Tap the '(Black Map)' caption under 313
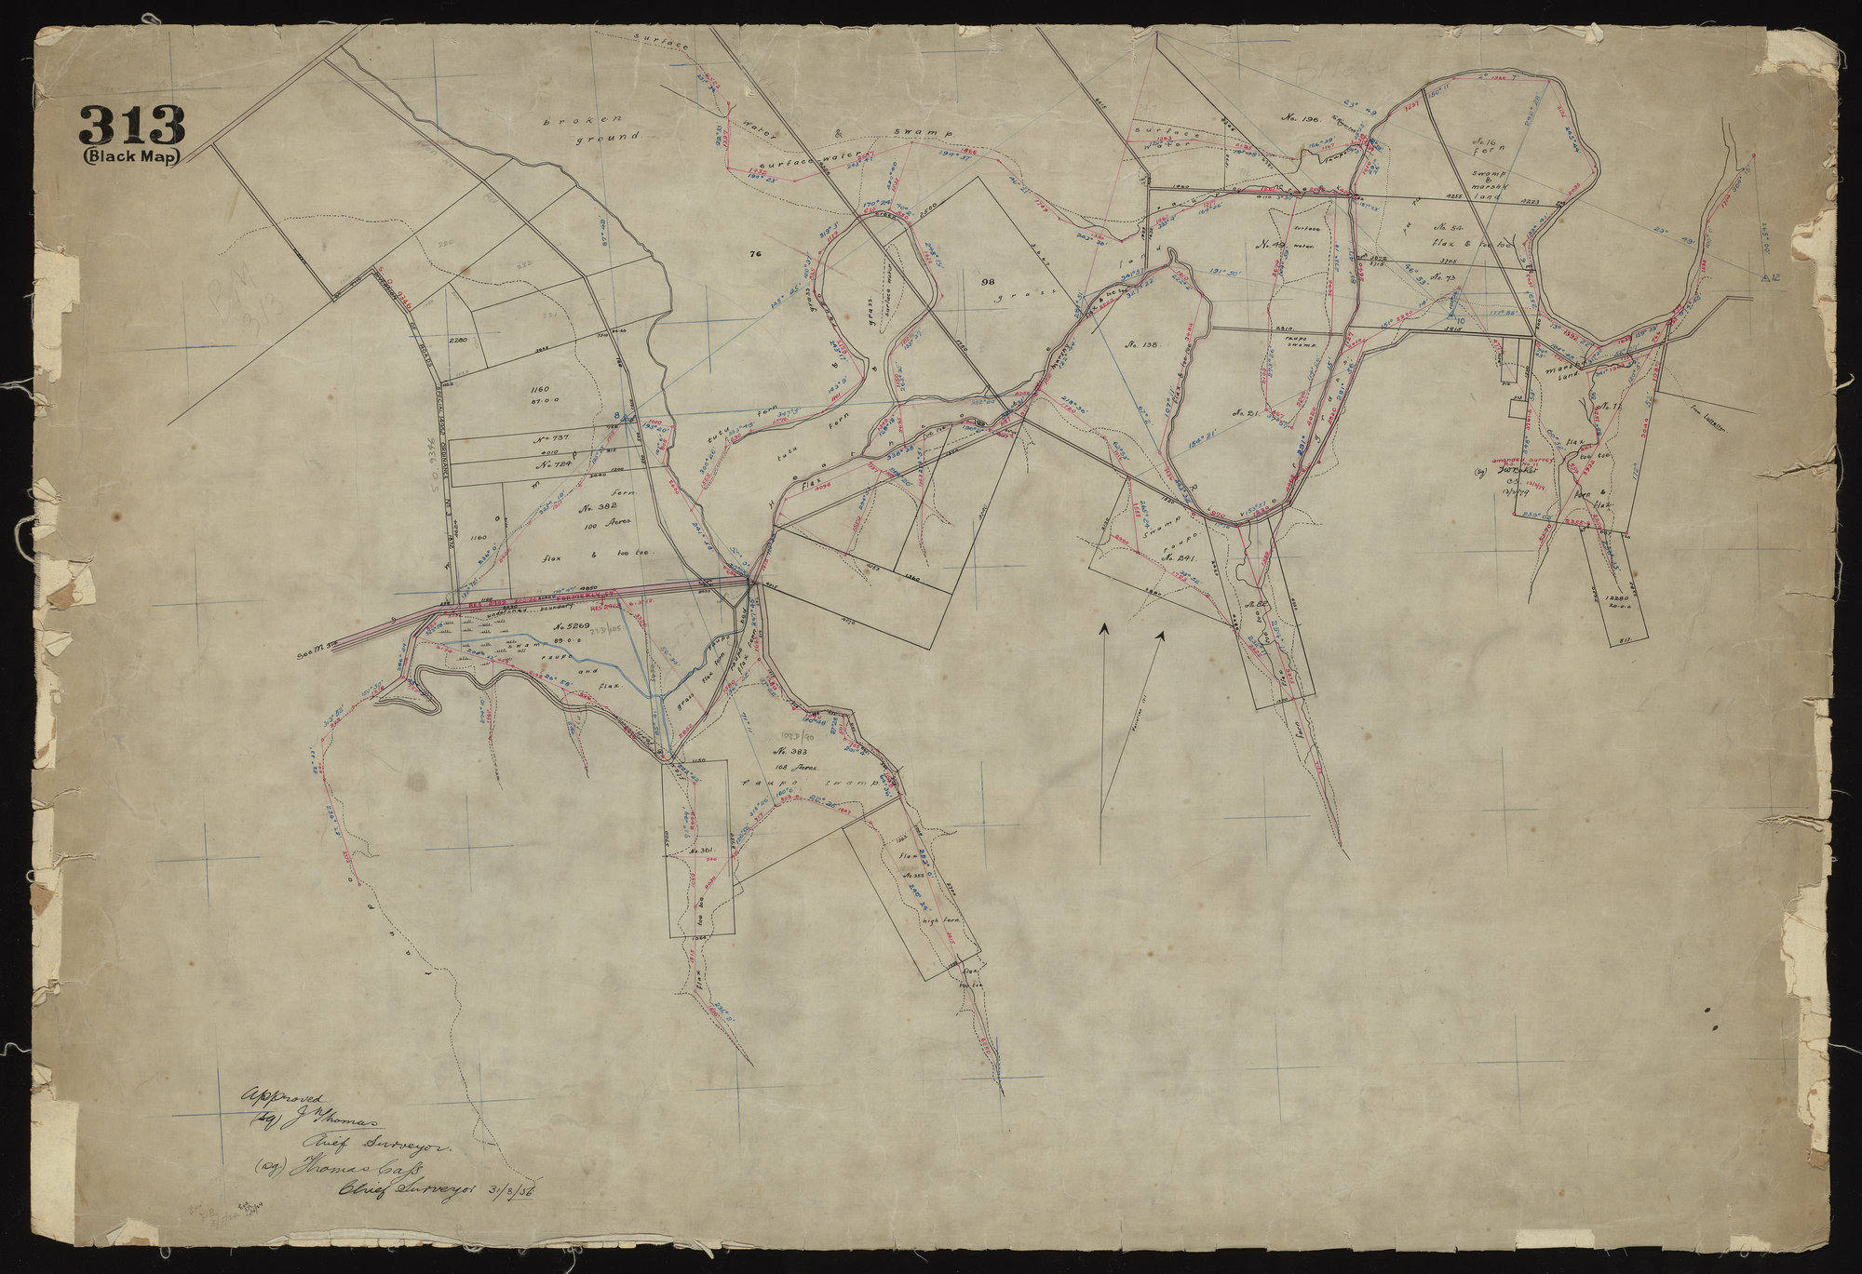point(132,156)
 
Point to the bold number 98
point(989,281)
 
